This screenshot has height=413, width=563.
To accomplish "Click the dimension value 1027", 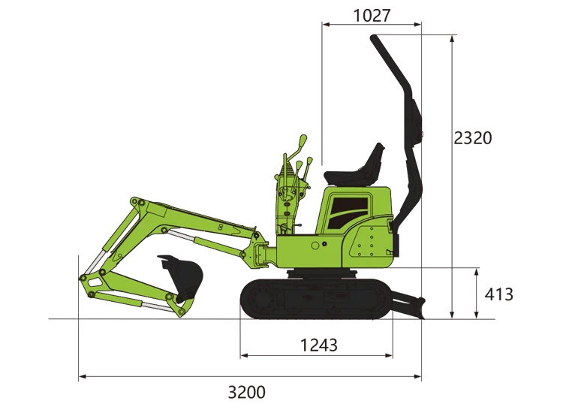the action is click(372, 16).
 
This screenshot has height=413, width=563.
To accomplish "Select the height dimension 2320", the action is click(472, 138).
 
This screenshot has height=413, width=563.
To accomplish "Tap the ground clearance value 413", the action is click(498, 294).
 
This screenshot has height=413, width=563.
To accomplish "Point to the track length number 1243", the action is click(319, 345).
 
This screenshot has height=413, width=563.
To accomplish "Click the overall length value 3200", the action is click(247, 392).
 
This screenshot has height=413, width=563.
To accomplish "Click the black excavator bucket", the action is click(182, 276).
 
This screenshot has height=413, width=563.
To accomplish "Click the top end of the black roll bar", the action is click(373, 38).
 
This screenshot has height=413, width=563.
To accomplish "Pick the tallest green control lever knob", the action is click(303, 140).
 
